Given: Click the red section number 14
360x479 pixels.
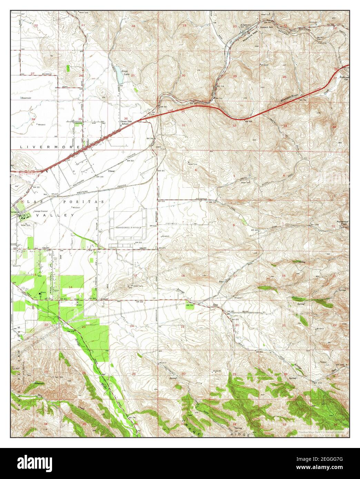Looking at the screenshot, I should tap(70, 287).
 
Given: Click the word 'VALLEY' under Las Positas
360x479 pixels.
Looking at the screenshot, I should tap(62, 215).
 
